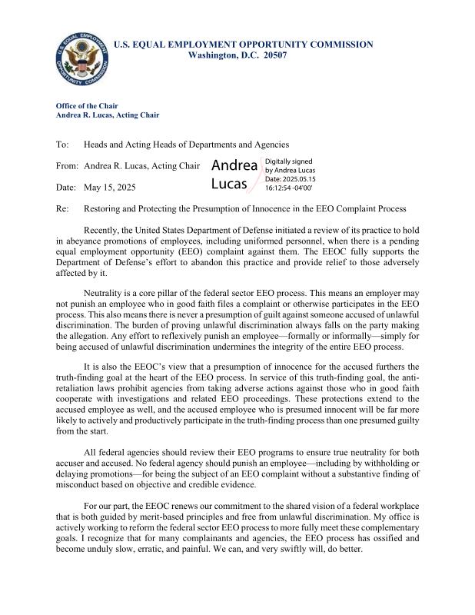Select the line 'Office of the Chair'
tap(88, 105)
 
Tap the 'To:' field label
tap(62, 145)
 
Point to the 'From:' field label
tap(68, 166)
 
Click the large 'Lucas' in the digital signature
tap(229, 184)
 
